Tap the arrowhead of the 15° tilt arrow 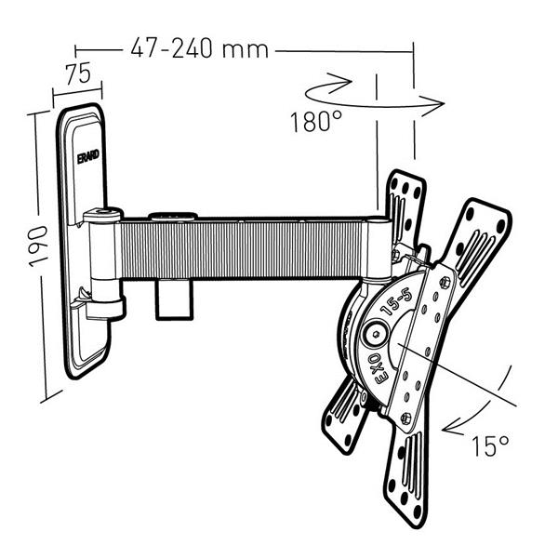pos(451,429)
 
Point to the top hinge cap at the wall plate pos(101,216)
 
